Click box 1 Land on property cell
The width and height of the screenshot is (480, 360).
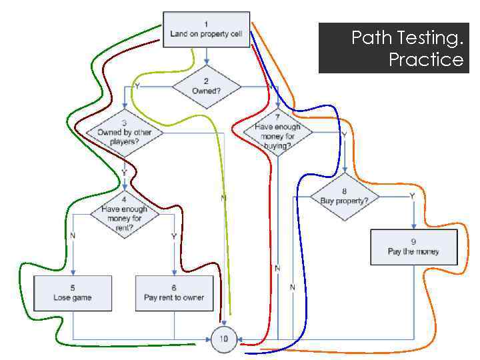(x=207, y=29)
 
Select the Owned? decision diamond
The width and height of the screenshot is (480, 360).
(x=206, y=85)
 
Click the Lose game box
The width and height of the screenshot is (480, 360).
(x=73, y=293)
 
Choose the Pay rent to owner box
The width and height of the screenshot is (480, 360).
(x=174, y=293)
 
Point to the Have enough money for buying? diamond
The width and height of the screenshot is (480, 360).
(x=277, y=131)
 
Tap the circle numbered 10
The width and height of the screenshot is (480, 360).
(x=223, y=339)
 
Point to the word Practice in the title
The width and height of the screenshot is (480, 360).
(x=426, y=60)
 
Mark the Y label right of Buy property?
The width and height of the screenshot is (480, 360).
(x=411, y=196)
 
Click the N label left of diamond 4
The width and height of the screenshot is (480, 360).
(x=73, y=235)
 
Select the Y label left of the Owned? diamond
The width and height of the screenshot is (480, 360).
(x=137, y=87)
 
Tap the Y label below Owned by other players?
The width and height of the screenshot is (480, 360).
(x=124, y=172)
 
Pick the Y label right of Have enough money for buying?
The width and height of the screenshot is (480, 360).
(x=344, y=134)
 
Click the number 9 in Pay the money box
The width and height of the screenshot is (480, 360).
(x=414, y=241)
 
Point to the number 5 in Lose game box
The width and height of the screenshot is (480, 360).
(x=73, y=287)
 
